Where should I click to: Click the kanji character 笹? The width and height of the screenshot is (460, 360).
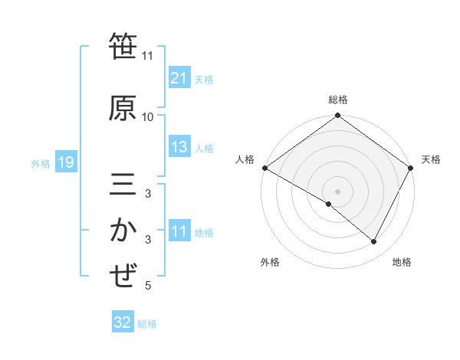123,47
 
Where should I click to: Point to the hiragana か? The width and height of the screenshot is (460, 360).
123,231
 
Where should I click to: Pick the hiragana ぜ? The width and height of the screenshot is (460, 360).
123,276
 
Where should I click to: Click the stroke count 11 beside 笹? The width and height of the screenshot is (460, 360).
148,56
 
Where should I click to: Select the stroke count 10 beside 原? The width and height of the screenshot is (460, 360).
148,117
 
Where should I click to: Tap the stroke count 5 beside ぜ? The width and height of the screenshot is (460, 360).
148,286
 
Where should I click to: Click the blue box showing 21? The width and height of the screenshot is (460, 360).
179,78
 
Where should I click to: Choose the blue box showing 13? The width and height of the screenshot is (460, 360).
179,148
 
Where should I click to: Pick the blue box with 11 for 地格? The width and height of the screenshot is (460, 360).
179,232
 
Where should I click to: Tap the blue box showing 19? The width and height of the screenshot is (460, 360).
65,162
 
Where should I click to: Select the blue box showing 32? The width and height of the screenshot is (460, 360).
122,322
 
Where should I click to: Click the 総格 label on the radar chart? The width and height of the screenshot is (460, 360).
338,100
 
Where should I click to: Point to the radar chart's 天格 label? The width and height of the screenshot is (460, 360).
431,159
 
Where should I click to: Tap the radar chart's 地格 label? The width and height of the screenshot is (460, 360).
402,262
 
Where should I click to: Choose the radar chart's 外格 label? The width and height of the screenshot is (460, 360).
270,262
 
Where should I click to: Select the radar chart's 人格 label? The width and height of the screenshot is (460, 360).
245,159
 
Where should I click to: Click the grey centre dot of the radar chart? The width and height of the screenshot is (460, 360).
337,191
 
